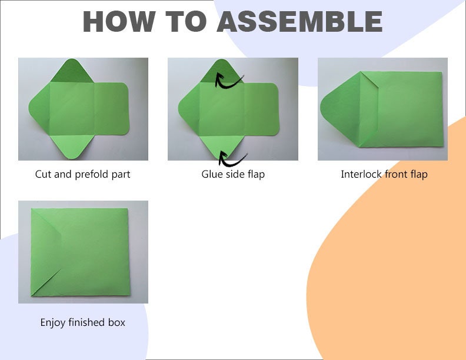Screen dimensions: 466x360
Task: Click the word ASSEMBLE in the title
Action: tap(300, 21)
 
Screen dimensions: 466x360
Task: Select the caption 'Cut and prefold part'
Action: tap(82, 174)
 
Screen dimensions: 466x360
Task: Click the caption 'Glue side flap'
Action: tap(233, 174)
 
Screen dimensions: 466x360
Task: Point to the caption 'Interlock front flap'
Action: tap(384, 174)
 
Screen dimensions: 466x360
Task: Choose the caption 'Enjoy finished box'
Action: tap(82, 322)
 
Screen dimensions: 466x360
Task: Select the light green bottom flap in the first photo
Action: tap(72, 146)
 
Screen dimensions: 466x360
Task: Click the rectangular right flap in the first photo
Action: tap(111, 108)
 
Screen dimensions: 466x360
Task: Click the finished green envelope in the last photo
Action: tap(80, 252)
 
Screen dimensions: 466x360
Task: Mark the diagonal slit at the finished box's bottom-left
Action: tap(46, 282)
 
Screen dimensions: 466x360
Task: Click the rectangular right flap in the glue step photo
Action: tap(261, 109)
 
